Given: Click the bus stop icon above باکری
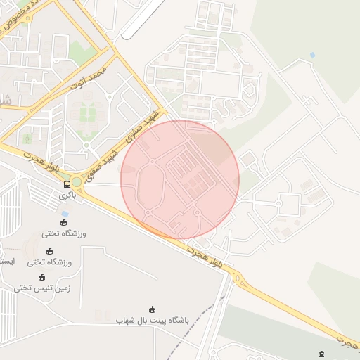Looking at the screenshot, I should (x=67, y=184).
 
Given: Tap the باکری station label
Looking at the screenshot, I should (x=67, y=196).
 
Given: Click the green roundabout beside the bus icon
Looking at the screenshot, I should (x=76, y=183).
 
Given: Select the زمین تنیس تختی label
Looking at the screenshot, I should (x=43, y=288).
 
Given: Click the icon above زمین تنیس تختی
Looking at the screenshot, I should (x=41, y=276).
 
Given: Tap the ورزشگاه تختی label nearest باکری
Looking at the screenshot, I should (x=65, y=233).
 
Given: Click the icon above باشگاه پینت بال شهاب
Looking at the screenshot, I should (x=153, y=309).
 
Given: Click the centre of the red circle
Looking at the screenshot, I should (x=180, y=179).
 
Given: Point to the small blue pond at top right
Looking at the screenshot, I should (x=311, y=55).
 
